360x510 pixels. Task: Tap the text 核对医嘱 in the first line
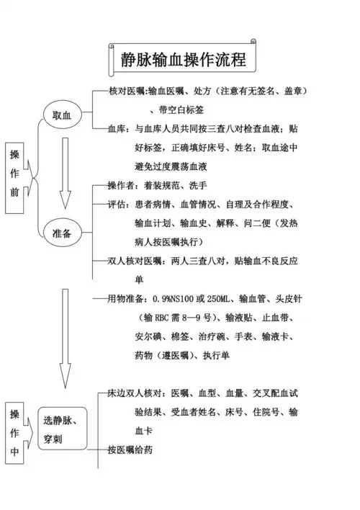click(127, 91)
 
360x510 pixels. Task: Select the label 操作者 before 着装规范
click(122, 185)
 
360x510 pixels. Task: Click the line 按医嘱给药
click(130, 449)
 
